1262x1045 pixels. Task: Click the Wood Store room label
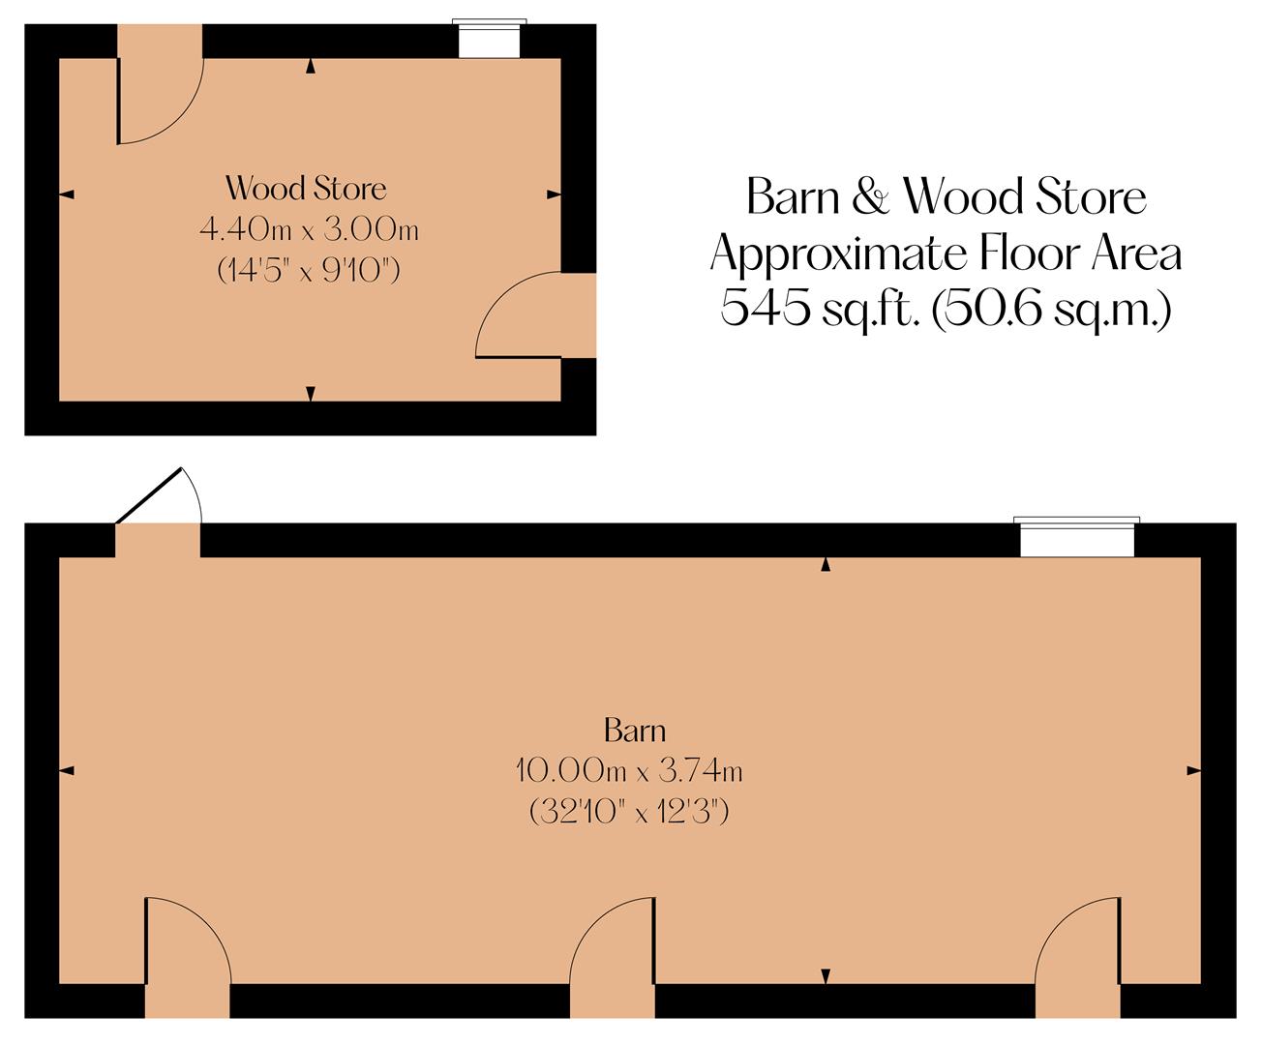click(x=306, y=188)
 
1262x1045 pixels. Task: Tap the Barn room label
click(x=635, y=729)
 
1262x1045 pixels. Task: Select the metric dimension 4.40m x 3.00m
click(x=309, y=230)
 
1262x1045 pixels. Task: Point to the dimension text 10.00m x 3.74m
click(x=629, y=771)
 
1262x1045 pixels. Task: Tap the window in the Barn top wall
click(x=1076, y=538)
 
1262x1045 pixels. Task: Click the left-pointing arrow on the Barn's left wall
click(x=67, y=770)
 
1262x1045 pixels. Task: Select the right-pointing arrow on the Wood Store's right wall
click(x=554, y=195)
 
